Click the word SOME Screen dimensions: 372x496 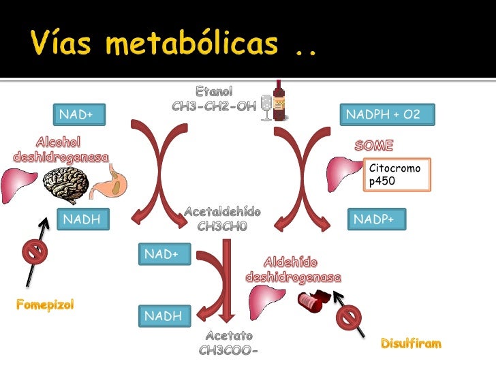coord(373,146)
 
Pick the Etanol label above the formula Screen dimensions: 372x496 coord(214,91)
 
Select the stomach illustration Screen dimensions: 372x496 coord(109,182)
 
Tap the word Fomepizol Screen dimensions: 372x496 coord(44,304)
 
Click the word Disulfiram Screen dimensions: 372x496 coord(411,343)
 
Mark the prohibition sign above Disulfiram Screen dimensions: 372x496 coord(350,317)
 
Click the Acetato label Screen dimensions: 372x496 coord(229,336)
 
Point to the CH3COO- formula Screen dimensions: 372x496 coord(229,351)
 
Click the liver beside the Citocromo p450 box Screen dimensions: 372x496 coord(341,176)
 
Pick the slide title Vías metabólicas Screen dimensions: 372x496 coord(174,45)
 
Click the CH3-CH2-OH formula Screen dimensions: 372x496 coord(214,107)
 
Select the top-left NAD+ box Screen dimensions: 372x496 coord(76,115)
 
